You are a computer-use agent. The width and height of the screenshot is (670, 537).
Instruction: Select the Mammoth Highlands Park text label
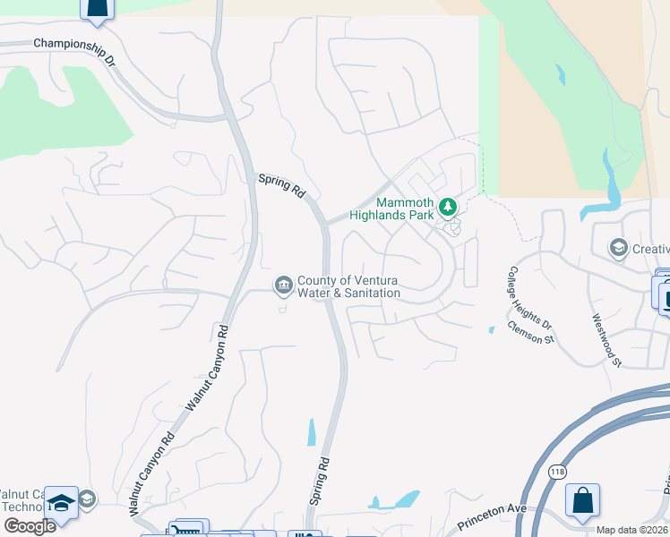pyautogui.click(x=417, y=209)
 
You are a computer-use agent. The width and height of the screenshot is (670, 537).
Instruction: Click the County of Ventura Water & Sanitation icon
pyautogui.click(x=283, y=285)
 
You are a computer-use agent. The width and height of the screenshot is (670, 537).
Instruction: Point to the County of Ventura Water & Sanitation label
pyautogui.click(x=348, y=286)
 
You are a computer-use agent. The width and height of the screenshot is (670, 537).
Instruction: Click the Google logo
pyautogui.click(x=29, y=525)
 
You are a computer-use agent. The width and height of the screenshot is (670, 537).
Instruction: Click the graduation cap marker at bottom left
pyautogui.click(x=61, y=502)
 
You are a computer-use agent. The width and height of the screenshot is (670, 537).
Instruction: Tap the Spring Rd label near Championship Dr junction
pyautogui.click(x=280, y=183)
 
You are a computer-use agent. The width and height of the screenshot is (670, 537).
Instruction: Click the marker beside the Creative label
pyautogui.click(x=617, y=247)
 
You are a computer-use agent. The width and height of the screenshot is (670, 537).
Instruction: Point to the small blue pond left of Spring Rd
pyautogui.click(x=311, y=432)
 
